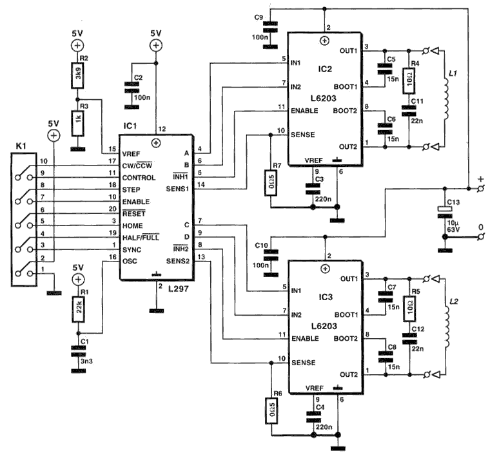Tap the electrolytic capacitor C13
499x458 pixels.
click(443, 209)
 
